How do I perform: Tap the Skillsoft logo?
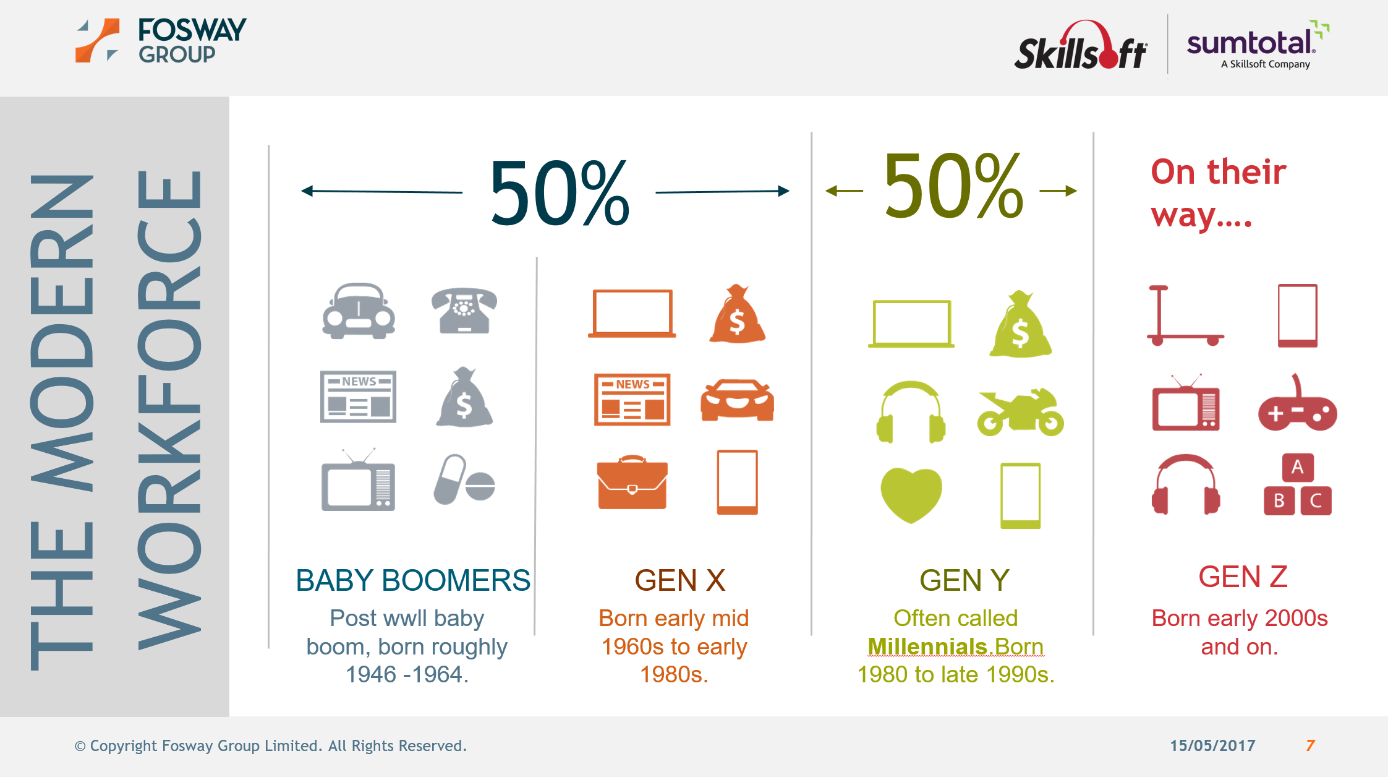tap(1080, 45)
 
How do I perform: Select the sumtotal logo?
tap(1258, 45)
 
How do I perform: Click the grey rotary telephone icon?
tap(464, 311)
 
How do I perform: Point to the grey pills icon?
tap(464, 480)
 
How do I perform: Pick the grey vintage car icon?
tap(359, 311)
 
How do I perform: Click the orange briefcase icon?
tap(632, 482)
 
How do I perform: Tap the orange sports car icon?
tap(737, 400)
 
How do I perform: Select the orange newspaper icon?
tap(632, 400)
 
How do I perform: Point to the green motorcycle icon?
tap(1020, 412)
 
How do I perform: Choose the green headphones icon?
tap(911, 412)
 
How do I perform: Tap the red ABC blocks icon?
tap(1297, 485)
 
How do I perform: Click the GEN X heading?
tap(680, 580)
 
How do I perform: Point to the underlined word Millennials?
tap(927, 646)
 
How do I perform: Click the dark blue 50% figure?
tap(560, 193)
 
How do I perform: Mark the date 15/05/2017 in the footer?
tap(1212, 745)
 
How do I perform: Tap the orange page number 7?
tap(1310, 745)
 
